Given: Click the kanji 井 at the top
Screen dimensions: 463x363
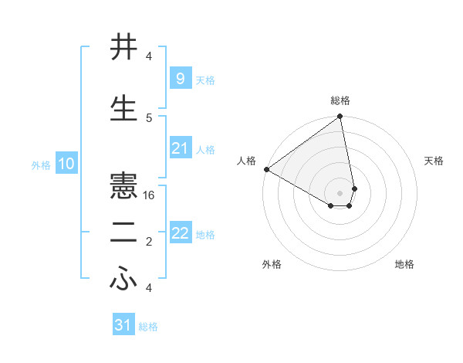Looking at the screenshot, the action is tap(124, 47).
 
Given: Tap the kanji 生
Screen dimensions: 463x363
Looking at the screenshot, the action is tap(124, 108).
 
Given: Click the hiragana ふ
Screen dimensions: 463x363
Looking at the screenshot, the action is tap(124, 281).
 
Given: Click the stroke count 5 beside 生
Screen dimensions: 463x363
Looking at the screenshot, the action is tap(149, 117).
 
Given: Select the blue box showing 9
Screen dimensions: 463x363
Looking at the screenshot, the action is tap(180, 78).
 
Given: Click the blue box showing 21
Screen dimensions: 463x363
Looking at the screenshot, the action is tap(180, 148).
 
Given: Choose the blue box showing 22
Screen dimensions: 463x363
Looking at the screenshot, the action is tap(180, 233).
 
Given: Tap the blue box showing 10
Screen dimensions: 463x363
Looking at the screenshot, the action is tap(66, 164).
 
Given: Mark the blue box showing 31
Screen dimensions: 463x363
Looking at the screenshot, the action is tap(123, 325).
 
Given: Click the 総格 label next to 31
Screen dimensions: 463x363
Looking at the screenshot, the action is tap(148, 327).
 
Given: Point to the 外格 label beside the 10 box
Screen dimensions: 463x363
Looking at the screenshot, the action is tap(41, 165).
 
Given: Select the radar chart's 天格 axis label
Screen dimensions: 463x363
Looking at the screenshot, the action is tap(434, 161).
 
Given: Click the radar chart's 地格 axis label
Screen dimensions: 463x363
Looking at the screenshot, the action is tap(404, 264).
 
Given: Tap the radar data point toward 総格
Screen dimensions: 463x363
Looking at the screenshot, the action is tap(340, 117).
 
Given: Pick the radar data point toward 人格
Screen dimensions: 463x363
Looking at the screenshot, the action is tap(266, 169).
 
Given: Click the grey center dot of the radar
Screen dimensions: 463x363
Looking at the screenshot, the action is tap(340, 192).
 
